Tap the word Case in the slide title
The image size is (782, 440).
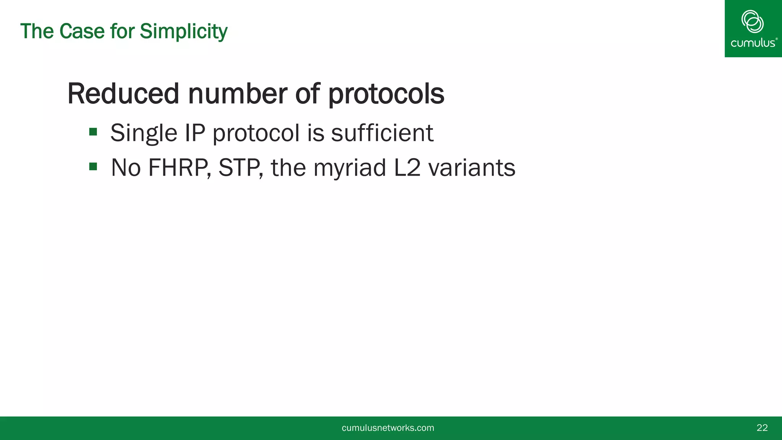pyautogui.click(x=82, y=31)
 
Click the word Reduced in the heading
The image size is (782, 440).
pyautogui.click(x=123, y=94)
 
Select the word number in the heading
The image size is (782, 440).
pyautogui.click(x=237, y=94)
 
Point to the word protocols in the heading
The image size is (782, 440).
pyautogui.click(x=386, y=94)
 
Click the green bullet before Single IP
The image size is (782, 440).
pyautogui.click(x=93, y=132)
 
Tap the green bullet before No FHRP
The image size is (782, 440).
pyautogui.click(x=93, y=167)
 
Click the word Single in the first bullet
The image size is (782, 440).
pyautogui.click(x=144, y=133)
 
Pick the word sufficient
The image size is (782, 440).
pyautogui.click(x=382, y=133)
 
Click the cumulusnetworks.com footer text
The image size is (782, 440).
pyautogui.click(x=388, y=428)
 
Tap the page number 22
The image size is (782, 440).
pyautogui.click(x=762, y=428)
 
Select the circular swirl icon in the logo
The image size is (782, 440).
pyautogui.click(x=752, y=21)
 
